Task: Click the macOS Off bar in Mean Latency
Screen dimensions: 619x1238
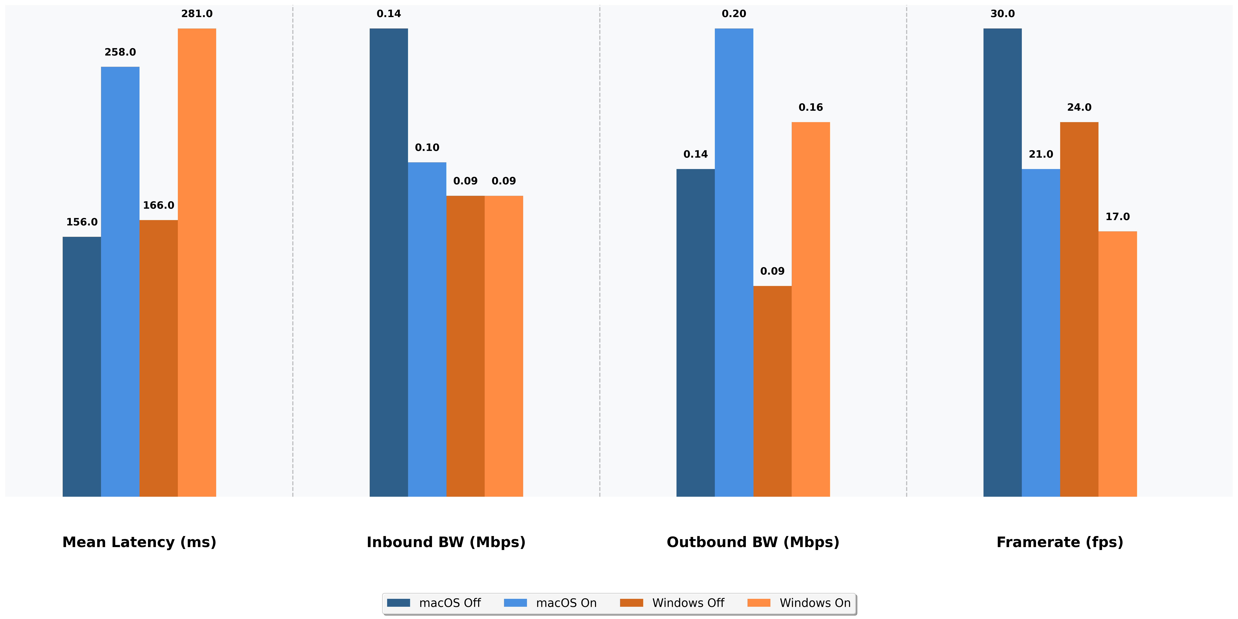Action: [x=82, y=366]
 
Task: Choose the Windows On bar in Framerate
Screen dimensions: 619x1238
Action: [x=1117, y=364]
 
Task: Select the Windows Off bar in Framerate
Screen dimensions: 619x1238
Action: [x=1079, y=309]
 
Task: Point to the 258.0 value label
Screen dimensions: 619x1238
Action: [x=120, y=52]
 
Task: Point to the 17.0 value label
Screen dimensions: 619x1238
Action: [x=1117, y=217]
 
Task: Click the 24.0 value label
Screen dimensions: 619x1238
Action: [x=1079, y=107]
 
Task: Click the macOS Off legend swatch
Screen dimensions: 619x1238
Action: [x=398, y=603]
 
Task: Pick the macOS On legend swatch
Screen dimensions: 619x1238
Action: [x=515, y=603]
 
